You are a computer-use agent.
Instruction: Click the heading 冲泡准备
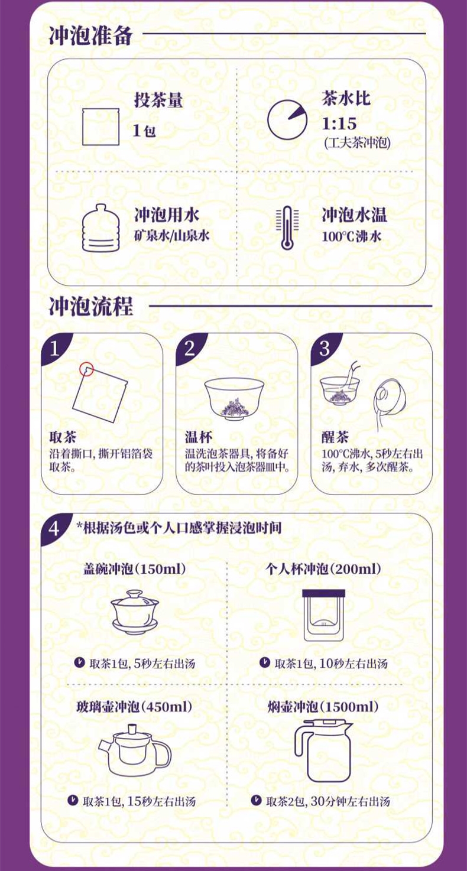tap(90, 36)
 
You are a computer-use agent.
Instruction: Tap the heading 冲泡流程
tap(90, 306)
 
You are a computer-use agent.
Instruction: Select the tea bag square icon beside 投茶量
tap(100, 127)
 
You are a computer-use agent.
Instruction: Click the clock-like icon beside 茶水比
tap(287, 120)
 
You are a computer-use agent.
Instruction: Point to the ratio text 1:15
tap(339, 123)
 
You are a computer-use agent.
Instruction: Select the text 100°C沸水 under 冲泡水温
tap(352, 236)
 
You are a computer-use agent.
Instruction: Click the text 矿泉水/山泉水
tap(172, 236)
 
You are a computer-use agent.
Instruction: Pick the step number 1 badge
tap(54, 348)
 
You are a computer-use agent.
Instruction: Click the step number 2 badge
tap(189, 348)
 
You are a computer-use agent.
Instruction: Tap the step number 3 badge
tap(325, 348)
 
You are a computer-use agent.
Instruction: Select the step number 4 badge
tap(54, 529)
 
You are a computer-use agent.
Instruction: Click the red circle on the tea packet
tap(86, 369)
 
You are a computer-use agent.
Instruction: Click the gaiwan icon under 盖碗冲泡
tap(135, 612)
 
